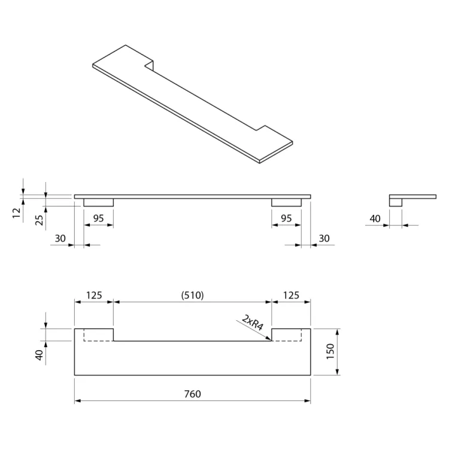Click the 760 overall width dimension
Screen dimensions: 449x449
point(193,394)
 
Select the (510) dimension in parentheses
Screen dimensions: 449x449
point(193,295)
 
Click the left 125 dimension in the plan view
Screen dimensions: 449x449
point(94,295)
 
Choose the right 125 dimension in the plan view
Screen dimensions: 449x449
point(291,295)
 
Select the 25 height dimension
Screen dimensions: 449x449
point(39,219)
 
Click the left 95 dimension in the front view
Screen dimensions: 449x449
point(98,219)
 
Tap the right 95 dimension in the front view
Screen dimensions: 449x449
point(286,219)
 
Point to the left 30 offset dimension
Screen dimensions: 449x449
point(60,238)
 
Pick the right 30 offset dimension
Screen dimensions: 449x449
point(324,238)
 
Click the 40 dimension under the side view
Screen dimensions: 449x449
point(375,219)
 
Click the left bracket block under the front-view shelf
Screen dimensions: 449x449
point(98,202)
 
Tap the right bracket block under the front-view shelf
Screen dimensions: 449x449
point(286,202)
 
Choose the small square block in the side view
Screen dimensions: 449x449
point(396,202)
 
